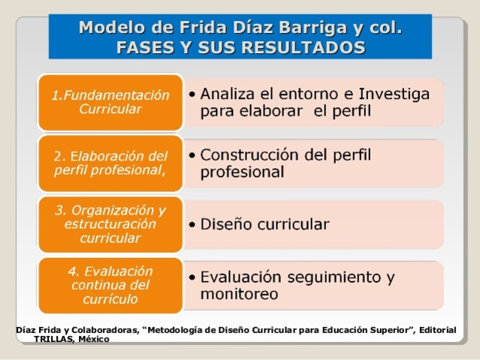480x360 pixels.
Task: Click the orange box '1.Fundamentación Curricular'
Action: [110, 102]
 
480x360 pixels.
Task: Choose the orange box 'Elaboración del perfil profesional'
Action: [110, 163]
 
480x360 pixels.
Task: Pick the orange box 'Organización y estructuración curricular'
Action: [110, 223]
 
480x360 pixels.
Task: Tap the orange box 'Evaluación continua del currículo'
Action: [110, 285]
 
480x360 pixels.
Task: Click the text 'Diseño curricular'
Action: [264, 224]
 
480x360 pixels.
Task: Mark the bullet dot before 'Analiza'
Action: [193, 95]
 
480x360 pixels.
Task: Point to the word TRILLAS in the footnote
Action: [54, 339]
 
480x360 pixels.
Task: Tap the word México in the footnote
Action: [94, 339]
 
